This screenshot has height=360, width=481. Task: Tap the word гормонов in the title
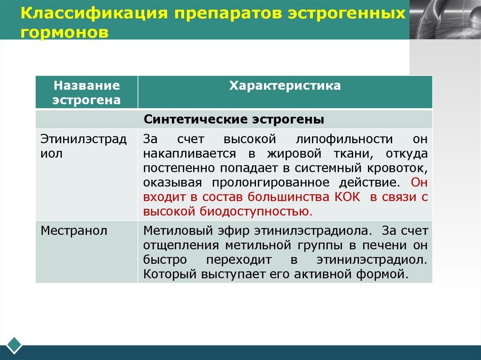[64, 32]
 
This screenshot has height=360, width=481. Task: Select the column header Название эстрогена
[86, 92]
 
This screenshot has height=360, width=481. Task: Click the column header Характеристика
[285, 86]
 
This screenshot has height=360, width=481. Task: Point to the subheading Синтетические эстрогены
[234, 119]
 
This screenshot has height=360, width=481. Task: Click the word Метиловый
[173, 230]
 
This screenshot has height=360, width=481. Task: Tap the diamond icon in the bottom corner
[14, 345]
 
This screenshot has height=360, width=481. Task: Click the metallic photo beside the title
[444, 20]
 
